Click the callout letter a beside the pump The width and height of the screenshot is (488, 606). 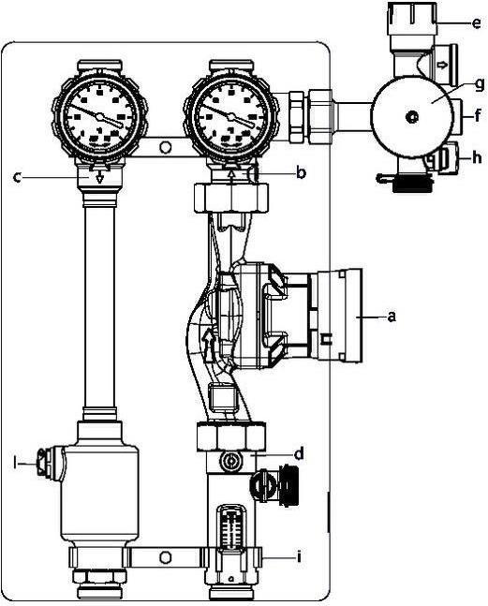392,317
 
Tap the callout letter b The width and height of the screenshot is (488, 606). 301,172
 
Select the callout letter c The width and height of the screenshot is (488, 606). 17,177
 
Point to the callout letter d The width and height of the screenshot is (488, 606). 299,453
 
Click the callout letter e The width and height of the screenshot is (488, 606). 476,23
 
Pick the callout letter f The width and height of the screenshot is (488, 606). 478,114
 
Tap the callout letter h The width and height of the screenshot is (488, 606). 477,157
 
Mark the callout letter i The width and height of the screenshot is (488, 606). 298,556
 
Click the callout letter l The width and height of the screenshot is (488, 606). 15,463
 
